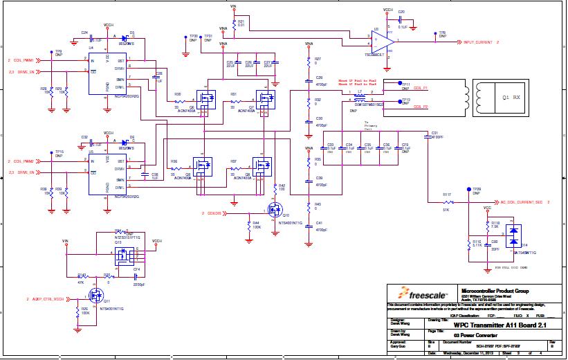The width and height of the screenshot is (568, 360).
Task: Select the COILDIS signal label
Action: pyautogui.click(x=213, y=213)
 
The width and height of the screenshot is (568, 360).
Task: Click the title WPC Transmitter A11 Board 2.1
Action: pyautogui.click(x=491, y=325)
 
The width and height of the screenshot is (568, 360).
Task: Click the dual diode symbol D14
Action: pyautogui.click(x=513, y=237)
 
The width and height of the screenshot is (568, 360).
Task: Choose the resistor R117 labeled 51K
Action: pyautogui.click(x=447, y=203)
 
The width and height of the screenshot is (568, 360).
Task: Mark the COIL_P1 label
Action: pyautogui.click(x=421, y=89)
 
